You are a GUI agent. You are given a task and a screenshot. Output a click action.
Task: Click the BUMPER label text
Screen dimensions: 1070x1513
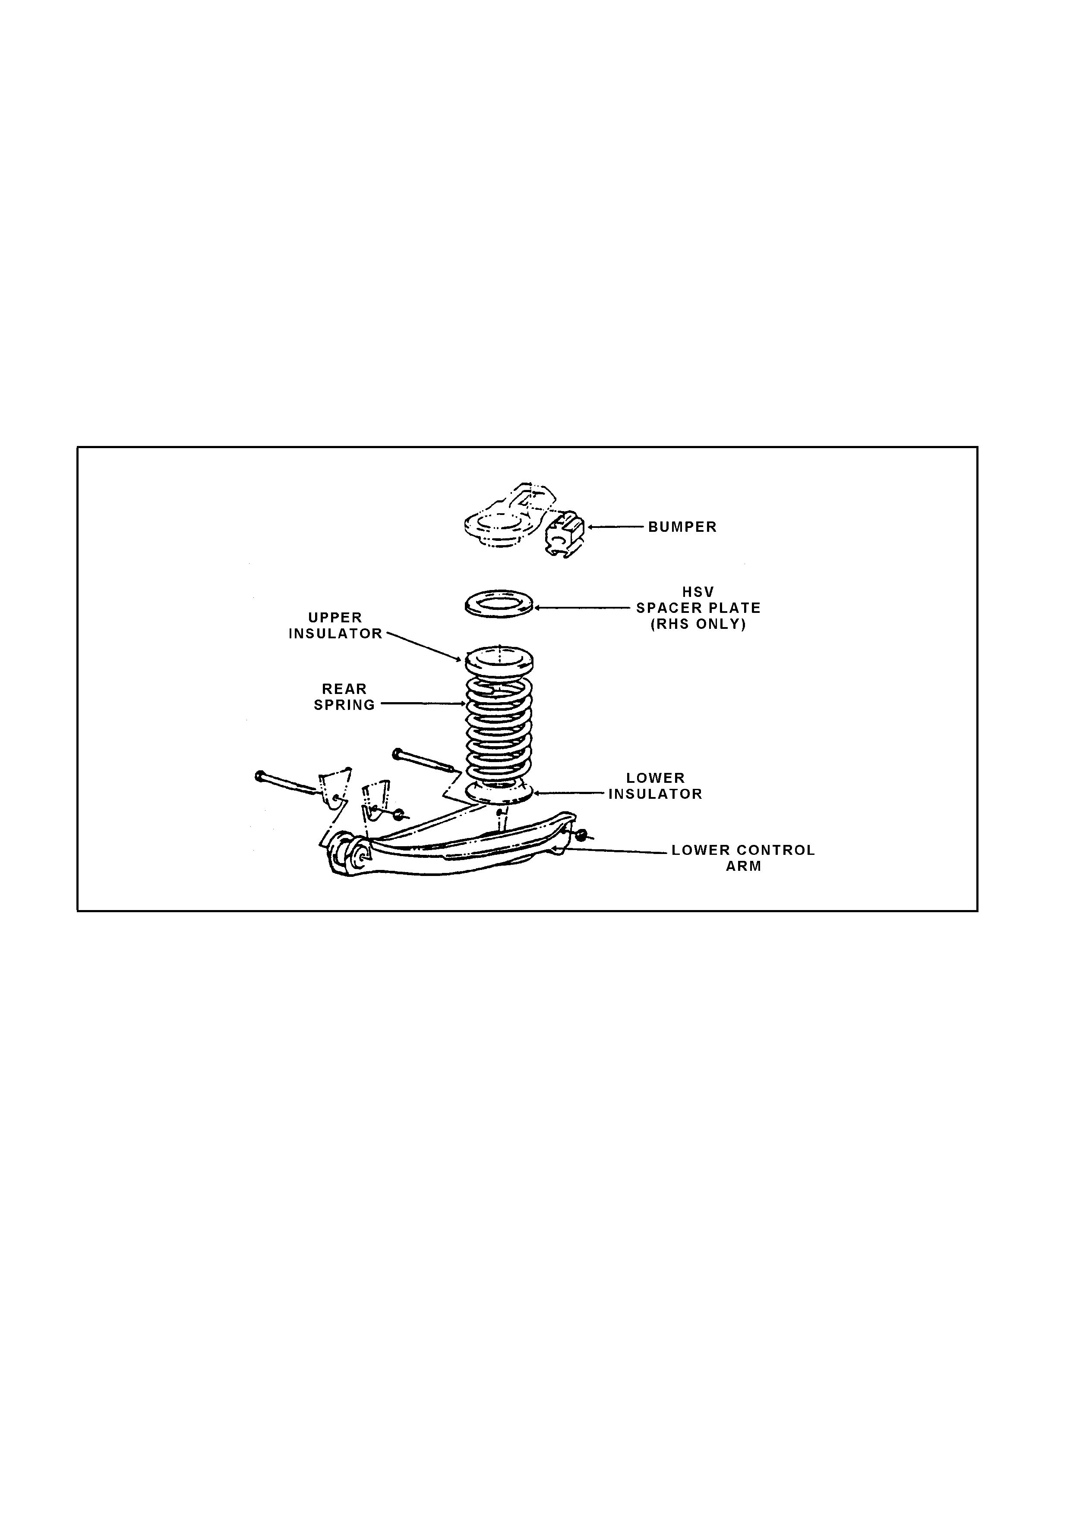click(682, 527)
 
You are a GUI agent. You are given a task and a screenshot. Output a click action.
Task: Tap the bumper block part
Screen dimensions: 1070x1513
click(565, 534)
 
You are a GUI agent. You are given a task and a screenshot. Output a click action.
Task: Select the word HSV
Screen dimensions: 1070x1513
click(698, 593)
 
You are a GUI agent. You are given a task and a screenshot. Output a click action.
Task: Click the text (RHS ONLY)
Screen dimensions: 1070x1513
click(698, 625)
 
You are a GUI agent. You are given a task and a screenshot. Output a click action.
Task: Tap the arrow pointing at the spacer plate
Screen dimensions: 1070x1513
click(582, 608)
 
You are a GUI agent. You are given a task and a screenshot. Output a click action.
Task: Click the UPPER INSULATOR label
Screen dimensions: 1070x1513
click(335, 626)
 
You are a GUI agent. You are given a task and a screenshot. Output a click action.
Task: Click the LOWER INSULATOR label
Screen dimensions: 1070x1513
click(655, 786)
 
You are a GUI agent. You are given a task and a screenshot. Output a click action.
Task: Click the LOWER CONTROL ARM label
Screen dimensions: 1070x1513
click(744, 858)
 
